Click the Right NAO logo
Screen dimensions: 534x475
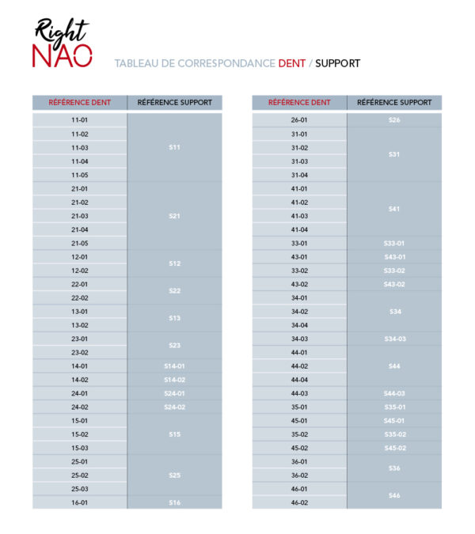point(63,44)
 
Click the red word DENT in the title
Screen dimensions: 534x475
point(291,63)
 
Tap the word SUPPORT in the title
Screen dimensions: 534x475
point(337,63)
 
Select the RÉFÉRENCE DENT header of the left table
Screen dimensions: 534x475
point(79,103)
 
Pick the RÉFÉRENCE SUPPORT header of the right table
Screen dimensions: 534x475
point(394,103)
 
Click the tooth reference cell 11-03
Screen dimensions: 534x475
point(79,148)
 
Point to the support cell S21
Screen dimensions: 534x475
point(174,216)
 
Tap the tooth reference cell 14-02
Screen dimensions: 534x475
point(79,380)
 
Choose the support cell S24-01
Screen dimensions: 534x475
point(174,393)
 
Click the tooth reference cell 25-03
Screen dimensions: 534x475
point(79,489)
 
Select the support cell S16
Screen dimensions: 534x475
point(174,502)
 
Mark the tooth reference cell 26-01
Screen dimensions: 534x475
point(299,120)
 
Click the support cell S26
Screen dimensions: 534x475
point(394,120)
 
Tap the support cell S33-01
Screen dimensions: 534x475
point(394,243)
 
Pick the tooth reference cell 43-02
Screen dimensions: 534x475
point(299,284)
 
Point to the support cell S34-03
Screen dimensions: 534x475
point(394,339)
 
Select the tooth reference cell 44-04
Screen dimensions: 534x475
point(299,380)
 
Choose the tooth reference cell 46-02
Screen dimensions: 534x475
point(299,502)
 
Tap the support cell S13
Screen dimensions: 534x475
point(174,318)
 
